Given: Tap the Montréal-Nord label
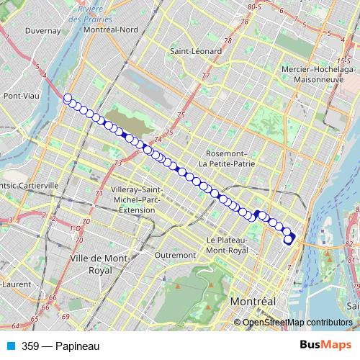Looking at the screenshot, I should tap(110, 30).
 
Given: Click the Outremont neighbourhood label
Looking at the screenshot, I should tap(175, 254).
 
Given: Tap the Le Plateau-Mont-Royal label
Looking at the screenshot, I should tap(227, 245).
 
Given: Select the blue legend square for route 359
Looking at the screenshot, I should tap(10, 346).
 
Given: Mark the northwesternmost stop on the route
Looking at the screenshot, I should tap(68, 98).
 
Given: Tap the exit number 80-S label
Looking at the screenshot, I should tap(253, 6).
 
